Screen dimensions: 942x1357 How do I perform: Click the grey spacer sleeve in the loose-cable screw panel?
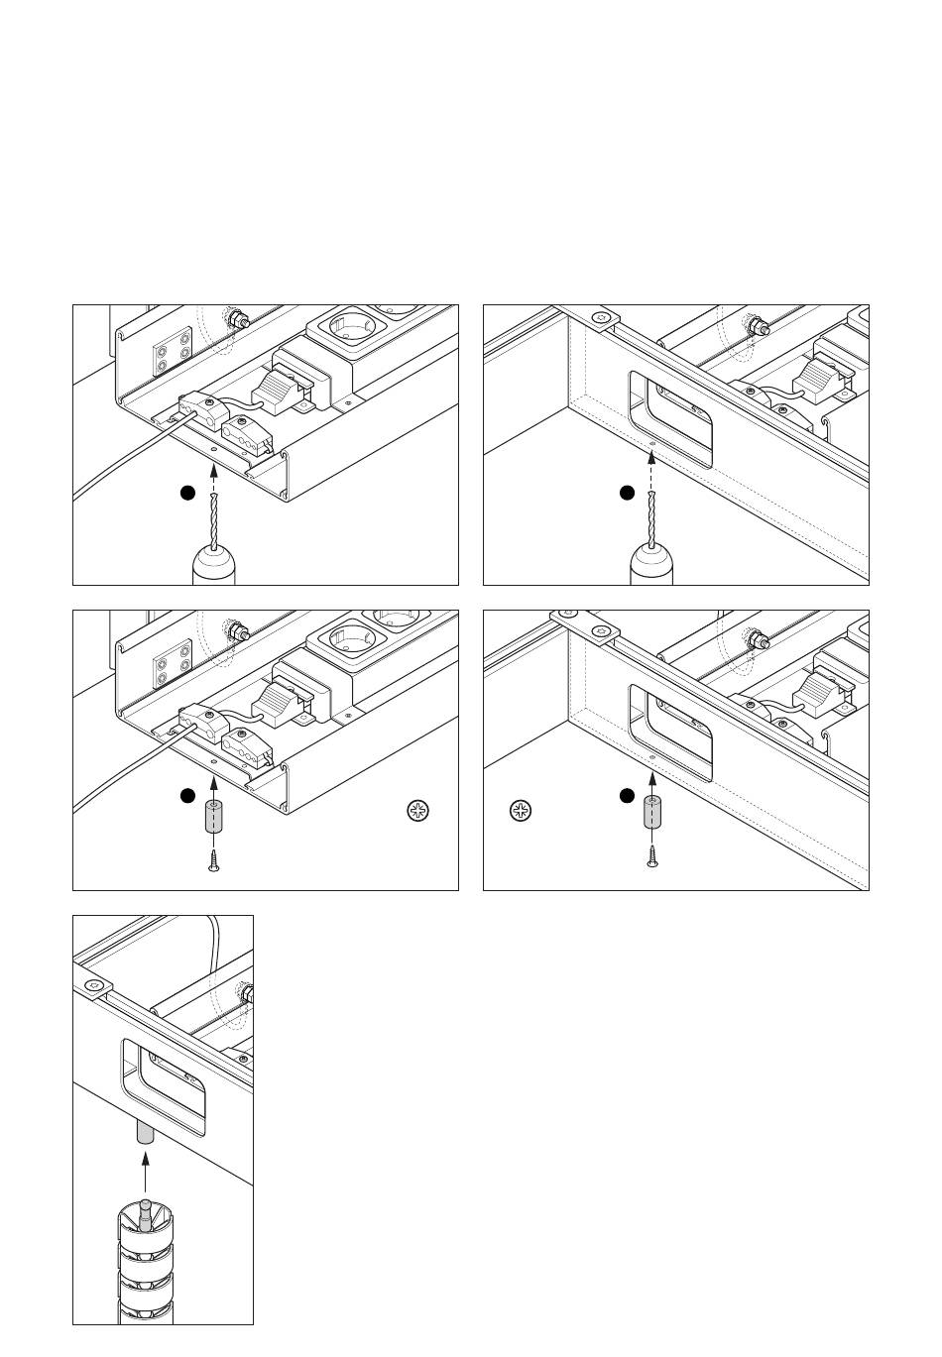coord(213,819)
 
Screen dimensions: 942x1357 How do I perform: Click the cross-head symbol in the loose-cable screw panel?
coord(419,811)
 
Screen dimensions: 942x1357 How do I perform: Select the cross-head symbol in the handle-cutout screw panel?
coord(521,811)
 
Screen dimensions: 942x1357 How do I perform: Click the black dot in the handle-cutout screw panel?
coord(626,795)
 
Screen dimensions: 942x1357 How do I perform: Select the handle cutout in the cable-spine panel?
coord(165,1087)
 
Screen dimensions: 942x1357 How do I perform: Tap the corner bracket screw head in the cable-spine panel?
coord(94,986)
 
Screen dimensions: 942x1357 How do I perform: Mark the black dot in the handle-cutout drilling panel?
coord(626,492)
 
